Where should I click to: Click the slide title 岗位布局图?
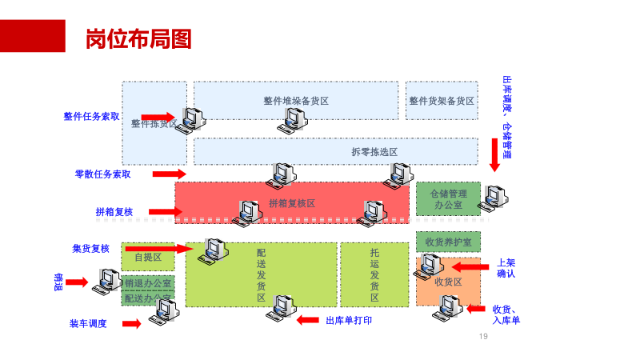point(138,39)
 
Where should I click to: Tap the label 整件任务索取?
point(92,116)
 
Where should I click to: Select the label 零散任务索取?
point(102,174)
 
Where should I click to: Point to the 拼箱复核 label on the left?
point(114,212)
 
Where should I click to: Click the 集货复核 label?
point(90,249)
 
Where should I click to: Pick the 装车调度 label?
point(88,323)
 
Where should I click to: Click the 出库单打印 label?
point(349,320)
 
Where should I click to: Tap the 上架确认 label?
point(506,267)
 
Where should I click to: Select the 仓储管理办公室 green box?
point(448,198)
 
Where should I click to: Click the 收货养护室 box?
point(448,242)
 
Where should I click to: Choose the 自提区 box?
point(148,257)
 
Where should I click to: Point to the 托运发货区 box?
point(374,274)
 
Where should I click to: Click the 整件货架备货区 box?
point(442,101)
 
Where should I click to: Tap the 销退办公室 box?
point(148,283)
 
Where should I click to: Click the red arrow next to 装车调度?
point(132,323)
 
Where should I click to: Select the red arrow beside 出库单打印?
point(308,320)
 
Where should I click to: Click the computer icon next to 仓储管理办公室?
point(494,197)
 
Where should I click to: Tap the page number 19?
point(482,336)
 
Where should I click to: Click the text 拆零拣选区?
point(374,151)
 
